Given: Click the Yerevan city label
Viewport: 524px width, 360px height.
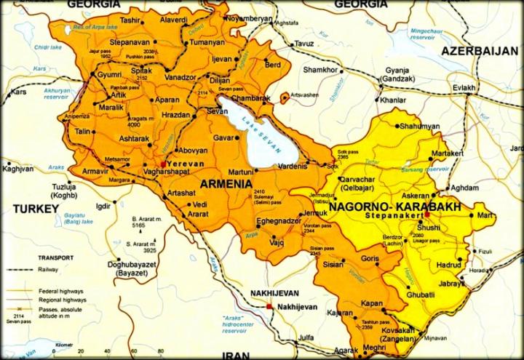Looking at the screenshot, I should coord(186,164).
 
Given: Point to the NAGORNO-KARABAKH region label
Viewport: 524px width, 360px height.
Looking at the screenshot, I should coord(386,207).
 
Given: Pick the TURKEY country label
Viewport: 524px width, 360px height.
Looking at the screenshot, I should coord(35,209).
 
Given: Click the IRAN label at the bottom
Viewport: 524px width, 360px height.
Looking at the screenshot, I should coord(237,354).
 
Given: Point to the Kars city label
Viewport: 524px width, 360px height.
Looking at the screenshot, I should coord(18,92).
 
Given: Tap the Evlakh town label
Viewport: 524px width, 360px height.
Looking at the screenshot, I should coord(464,88).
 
